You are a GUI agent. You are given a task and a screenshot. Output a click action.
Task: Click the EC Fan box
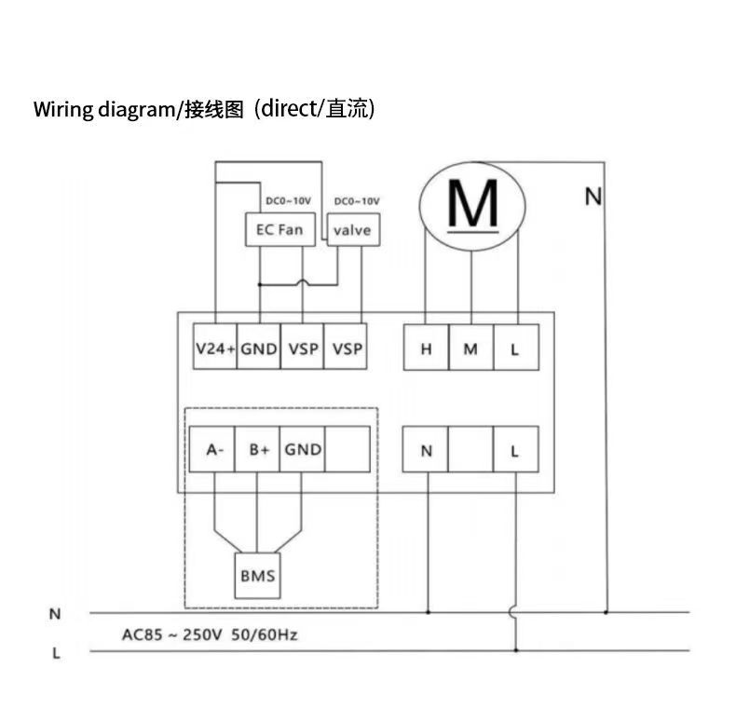279,229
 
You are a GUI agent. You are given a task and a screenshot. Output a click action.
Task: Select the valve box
352,229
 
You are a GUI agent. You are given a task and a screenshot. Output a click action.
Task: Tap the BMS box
257,576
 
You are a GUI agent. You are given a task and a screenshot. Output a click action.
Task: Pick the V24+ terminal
215,349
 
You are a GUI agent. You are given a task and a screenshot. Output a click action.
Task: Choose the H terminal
426,349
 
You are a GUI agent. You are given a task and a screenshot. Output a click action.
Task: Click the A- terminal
214,450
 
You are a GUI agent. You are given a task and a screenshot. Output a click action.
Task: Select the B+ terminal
258,450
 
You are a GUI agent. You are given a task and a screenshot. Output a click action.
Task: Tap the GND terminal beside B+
303,450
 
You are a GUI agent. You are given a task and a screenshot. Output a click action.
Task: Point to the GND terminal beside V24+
259,349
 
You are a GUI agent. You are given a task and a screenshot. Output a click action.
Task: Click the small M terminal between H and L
470,349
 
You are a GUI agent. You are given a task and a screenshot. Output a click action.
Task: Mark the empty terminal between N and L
470,451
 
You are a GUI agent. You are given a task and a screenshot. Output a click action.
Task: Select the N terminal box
426,451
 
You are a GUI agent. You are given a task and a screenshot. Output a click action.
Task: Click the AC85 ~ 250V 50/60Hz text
210,635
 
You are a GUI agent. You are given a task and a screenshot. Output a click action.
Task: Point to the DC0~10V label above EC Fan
288,201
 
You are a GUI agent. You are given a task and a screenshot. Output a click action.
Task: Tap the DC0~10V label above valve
357,201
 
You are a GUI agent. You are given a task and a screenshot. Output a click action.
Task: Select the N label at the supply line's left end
55,614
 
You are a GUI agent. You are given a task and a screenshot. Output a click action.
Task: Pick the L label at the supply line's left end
55,653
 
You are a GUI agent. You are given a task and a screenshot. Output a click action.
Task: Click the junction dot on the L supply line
515,650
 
